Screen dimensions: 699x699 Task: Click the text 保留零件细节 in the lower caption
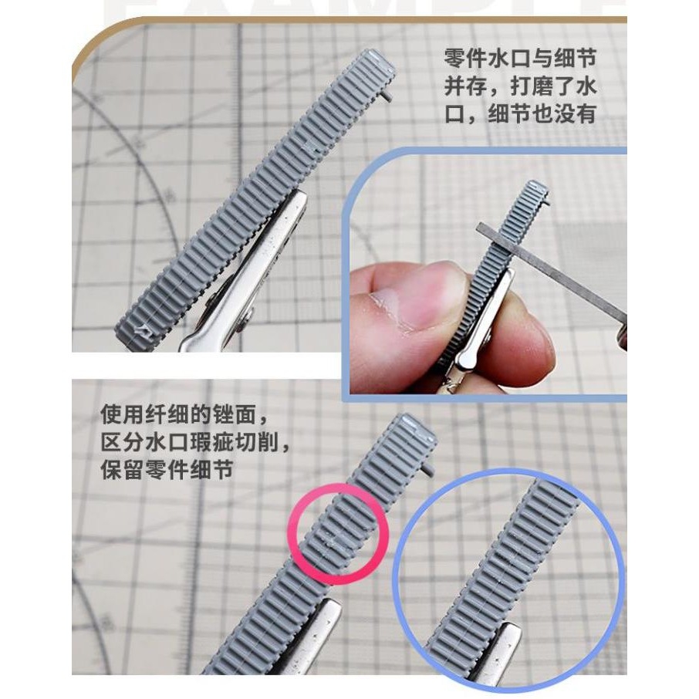click(165, 470)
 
